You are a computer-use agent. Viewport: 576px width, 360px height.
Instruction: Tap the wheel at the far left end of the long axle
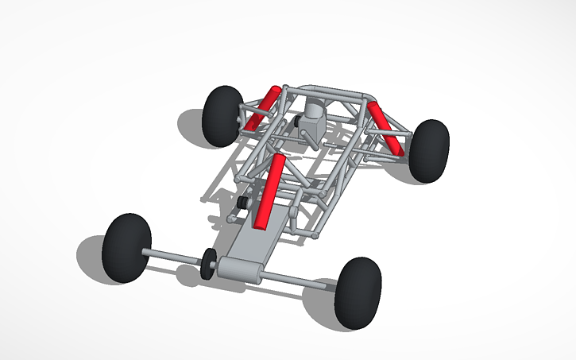126,247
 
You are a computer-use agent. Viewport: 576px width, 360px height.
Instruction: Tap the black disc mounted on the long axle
209,263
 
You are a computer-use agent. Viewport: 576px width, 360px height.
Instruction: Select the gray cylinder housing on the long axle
242,270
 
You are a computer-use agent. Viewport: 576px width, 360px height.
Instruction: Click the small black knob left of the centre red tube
241,204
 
